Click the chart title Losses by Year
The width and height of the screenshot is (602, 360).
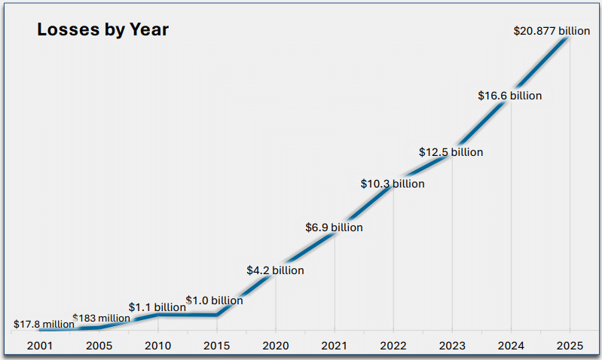point(102,30)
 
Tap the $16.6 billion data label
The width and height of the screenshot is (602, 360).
point(509,96)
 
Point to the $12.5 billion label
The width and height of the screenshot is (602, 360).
point(451,152)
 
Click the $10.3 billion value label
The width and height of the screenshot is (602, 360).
point(393,184)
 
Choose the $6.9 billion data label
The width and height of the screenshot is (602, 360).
point(334,227)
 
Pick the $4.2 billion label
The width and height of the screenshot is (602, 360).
point(275,270)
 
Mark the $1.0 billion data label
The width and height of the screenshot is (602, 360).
point(215,301)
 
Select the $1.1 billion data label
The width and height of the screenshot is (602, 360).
point(157,307)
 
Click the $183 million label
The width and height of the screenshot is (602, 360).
point(101,319)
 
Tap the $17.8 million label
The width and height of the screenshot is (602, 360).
point(44,325)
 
